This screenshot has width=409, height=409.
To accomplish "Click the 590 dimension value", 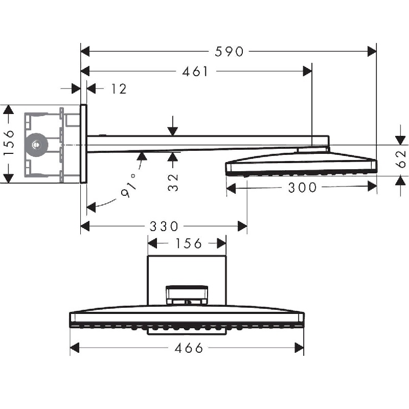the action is coord(229,52).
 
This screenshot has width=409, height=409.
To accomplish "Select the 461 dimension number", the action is coord(195,72).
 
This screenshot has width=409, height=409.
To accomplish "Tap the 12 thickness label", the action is coord(119,89).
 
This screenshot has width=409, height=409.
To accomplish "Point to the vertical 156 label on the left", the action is coord(9,143).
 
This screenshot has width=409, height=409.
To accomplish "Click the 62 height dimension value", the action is coord(401,159).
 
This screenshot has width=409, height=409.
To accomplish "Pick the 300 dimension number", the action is coord(302,188).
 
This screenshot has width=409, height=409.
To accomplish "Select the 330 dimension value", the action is coord(164,226).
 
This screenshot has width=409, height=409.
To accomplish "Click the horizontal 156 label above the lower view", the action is coord(189,243).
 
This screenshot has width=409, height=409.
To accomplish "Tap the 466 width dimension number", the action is coord(189,348).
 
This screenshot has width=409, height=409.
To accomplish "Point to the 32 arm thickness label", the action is coord(173,183).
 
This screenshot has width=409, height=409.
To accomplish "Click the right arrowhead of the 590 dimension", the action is coord(372,52).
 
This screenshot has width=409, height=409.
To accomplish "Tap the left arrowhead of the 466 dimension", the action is coord(75,348).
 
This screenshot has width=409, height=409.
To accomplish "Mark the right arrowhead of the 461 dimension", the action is coord(307,71).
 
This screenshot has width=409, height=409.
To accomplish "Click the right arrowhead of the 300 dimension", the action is coord(372,186).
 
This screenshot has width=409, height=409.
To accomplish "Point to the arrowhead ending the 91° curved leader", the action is coord(91,207).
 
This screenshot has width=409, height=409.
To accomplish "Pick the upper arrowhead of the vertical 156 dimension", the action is coord(8,109).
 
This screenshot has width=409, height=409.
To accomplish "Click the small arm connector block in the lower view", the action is coord(187,295).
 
